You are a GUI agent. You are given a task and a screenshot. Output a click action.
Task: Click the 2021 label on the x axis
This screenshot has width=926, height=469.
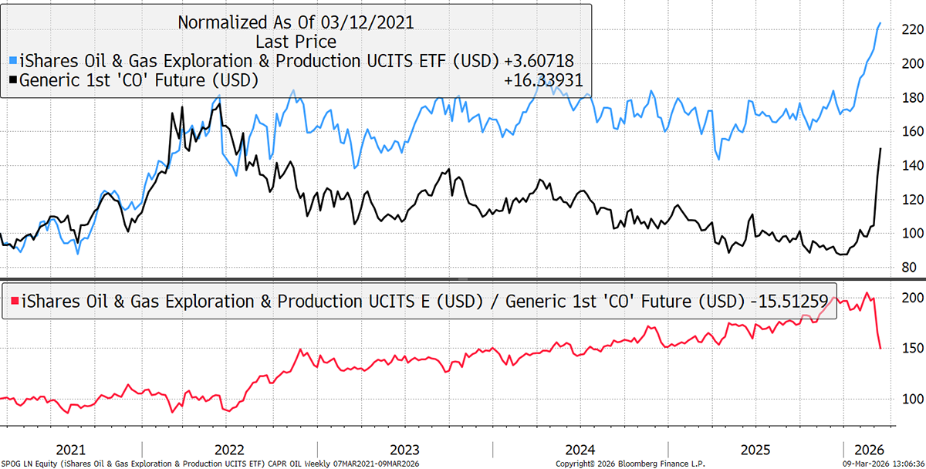tap(71, 450)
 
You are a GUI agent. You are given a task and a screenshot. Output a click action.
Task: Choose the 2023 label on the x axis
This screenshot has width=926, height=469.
tap(404, 450)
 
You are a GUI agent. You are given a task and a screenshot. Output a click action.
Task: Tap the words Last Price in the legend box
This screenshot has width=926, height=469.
tap(296, 41)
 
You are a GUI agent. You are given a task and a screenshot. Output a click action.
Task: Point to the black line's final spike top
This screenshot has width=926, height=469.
tap(880, 149)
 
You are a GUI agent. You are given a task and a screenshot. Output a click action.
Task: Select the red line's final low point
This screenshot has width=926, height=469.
tap(880, 348)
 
